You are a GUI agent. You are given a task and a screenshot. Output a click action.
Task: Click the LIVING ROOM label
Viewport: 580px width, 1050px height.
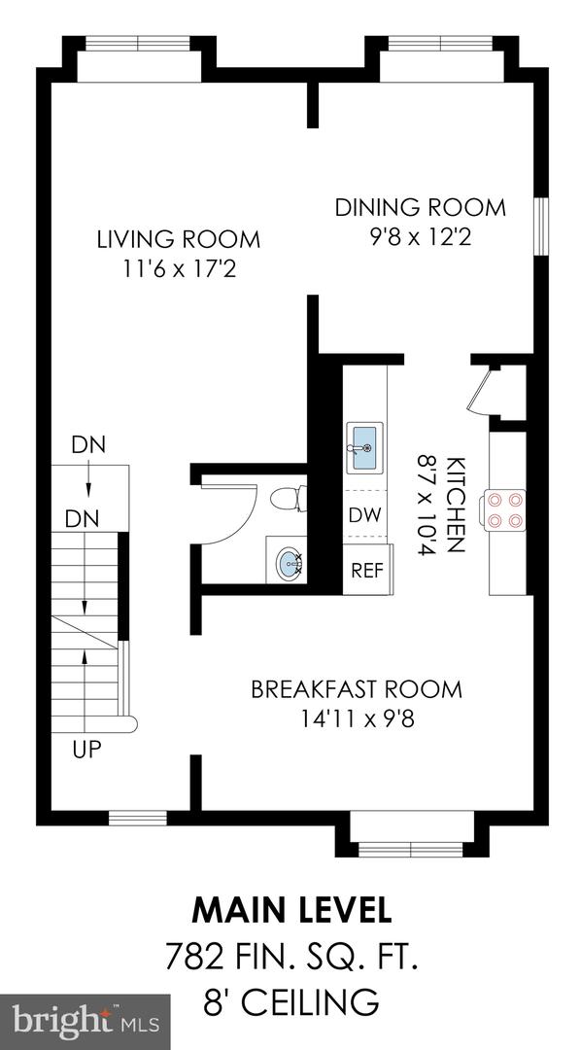pyautogui.click(x=179, y=239)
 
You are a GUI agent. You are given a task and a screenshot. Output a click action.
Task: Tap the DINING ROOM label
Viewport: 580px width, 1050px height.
pyautogui.click(x=420, y=207)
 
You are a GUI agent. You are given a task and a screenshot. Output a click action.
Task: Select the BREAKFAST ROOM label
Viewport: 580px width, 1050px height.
pyautogui.click(x=357, y=689)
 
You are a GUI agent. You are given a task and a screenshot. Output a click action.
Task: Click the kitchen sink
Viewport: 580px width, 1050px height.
pyautogui.click(x=364, y=448)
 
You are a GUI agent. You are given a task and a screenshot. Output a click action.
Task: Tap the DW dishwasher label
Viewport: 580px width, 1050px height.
pyautogui.click(x=365, y=515)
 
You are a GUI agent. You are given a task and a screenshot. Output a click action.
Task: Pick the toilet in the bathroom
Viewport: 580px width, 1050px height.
pyautogui.click(x=289, y=498)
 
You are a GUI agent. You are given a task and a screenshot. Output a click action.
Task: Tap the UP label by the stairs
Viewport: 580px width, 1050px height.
pyautogui.click(x=87, y=750)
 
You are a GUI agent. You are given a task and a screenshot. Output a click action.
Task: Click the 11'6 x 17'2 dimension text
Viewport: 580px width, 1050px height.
pyautogui.click(x=180, y=269)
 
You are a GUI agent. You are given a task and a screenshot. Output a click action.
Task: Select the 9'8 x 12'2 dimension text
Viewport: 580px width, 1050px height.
pyautogui.click(x=421, y=237)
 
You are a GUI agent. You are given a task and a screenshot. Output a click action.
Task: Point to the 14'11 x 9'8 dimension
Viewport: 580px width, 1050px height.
pyautogui.click(x=357, y=719)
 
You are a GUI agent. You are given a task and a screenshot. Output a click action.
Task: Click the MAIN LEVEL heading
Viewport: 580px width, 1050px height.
pyautogui.click(x=290, y=911)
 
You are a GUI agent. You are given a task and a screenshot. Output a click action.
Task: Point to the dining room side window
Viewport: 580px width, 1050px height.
pyautogui.click(x=540, y=227)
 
